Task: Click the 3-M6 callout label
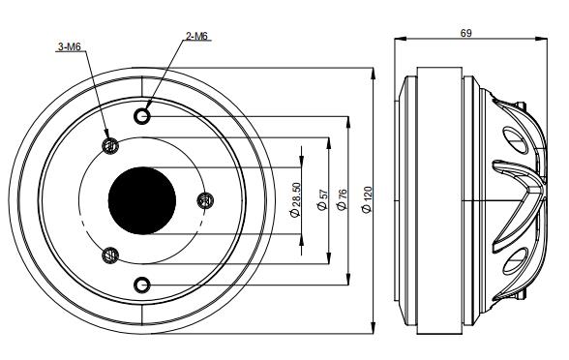tap(70, 46)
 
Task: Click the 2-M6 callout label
tap(196, 36)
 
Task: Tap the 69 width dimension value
tap(466, 33)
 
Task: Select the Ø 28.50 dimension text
tap(296, 199)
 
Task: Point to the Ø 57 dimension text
tap(322, 200)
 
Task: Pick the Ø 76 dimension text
tap(342, 199)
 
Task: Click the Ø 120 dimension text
tap(368, 199)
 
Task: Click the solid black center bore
tap(142, 200)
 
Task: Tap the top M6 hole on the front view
tap(142, 116)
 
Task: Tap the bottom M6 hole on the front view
tap(142, 285)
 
